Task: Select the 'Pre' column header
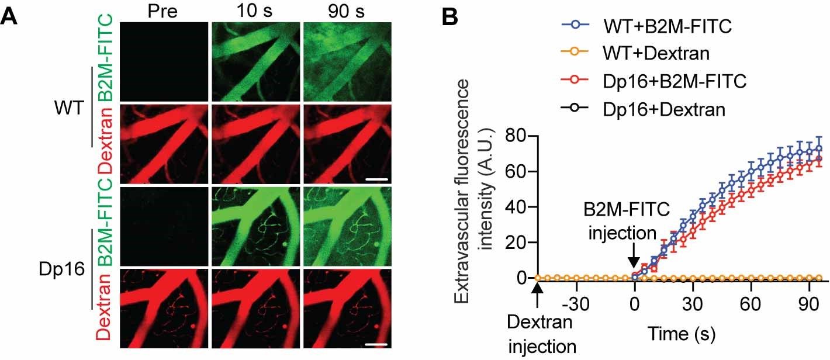162,12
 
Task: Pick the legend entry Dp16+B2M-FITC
676,82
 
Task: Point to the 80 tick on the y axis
514,136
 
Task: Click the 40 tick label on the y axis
514,207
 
